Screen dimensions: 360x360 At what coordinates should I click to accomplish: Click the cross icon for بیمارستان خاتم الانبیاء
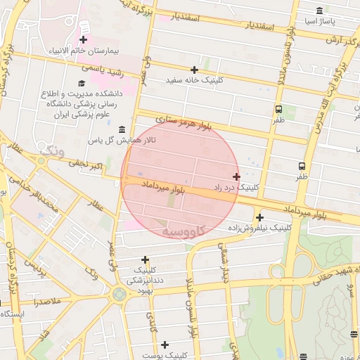84,39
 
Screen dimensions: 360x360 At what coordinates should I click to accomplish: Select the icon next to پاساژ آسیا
320,11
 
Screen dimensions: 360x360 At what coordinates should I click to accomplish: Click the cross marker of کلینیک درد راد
236,176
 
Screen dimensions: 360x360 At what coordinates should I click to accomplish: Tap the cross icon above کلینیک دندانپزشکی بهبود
145,259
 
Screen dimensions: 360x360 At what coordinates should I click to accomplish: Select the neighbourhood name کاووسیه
184,231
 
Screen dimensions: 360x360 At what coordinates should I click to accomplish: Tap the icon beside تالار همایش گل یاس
122,130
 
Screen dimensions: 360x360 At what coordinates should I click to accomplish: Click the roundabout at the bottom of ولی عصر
119,293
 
